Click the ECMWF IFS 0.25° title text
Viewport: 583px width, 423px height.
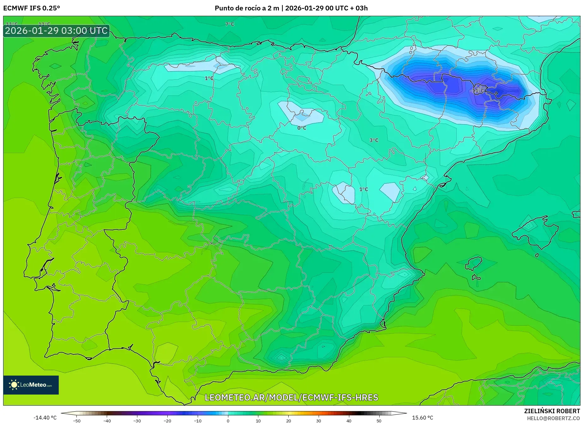point(31,8)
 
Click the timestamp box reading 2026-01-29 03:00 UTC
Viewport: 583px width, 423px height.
point(56,31)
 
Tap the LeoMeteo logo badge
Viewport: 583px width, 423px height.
point(31,385)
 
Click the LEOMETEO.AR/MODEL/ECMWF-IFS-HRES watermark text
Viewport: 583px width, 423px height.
point(291,397)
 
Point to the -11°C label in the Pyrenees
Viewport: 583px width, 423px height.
point(477,91)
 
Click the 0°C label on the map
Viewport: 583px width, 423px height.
point(302,128)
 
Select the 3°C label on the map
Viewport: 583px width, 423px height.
point(374,140)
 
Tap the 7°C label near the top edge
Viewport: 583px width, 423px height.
point(230,24)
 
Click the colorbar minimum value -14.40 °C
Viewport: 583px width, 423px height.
point(45,418)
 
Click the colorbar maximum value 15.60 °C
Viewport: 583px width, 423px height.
point(422,418)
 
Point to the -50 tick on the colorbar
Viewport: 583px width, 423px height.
point(77,420)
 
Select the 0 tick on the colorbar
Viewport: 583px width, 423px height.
point(228,420)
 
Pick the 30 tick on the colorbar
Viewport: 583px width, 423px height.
point(318,420)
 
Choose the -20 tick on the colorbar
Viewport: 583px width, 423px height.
point(167,420)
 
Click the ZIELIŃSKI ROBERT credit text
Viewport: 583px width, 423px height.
point(552,411)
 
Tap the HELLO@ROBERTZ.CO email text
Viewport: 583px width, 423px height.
point(553,418)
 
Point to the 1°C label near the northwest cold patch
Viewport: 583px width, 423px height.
point(209,78)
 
